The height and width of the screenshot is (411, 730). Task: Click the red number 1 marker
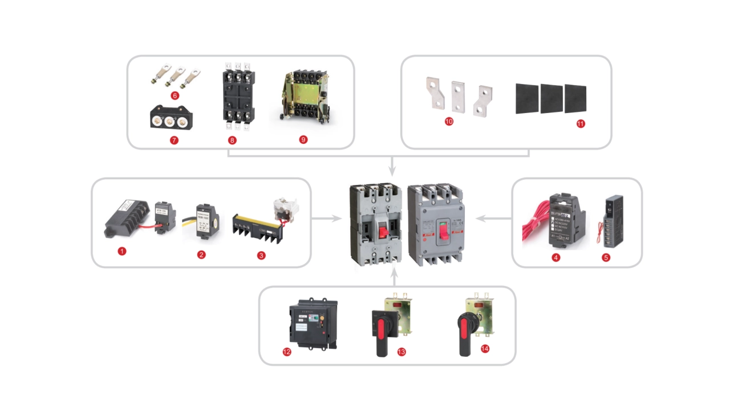(121, 251)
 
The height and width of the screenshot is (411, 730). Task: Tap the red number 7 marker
(175, 140)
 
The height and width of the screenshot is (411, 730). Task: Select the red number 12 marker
(287, 352)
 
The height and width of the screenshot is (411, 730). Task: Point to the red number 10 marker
(449, 122)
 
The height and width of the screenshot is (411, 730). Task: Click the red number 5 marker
(606, 257)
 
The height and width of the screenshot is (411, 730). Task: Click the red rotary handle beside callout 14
(465, 333)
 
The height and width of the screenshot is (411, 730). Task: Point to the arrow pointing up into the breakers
(394, 278)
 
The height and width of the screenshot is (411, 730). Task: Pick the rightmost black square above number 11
(575, 98)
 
